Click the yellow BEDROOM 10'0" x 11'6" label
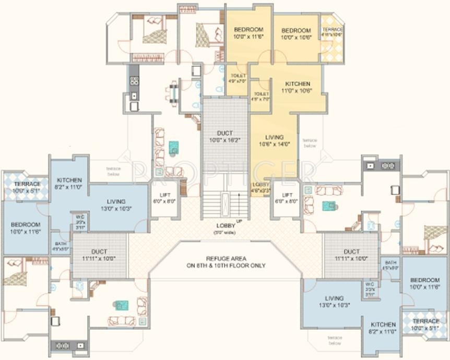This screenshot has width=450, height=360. [x=248, y=33]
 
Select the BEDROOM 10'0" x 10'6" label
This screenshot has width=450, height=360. [x=296, y=34]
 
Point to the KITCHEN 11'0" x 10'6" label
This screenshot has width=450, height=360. [x=298, y=87]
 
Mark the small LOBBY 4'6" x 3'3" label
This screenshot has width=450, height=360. [x=261, y=187]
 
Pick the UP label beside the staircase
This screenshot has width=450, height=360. [x=240, y=221]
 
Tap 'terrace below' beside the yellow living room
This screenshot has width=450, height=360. [x=310, y=143]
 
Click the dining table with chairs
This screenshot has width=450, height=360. [x=172, y=92]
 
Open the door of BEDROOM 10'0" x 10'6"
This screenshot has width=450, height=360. [x=282, y=58]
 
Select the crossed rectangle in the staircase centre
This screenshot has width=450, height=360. [x=225, y=201]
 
